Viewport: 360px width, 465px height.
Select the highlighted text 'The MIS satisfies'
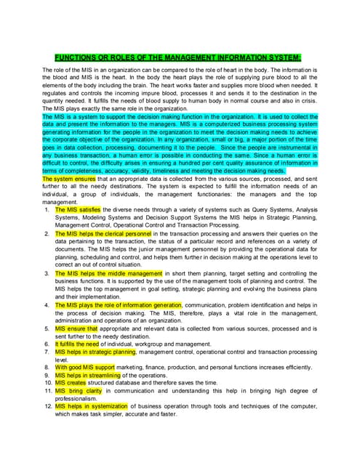pyautogui.click(x=78, y=209)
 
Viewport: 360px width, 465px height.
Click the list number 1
pyautogui.click(x=47, y=209)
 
